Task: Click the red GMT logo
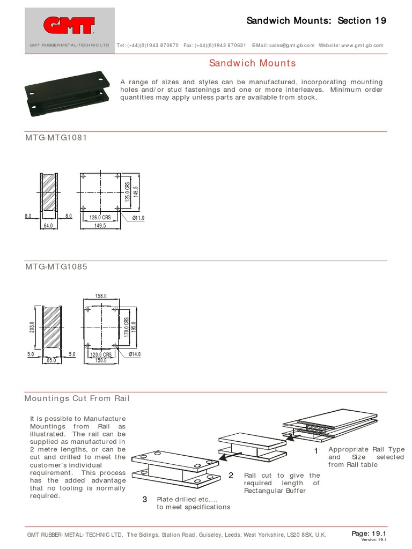(x=69, y=25)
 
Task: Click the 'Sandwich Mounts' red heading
(x=252, y=63)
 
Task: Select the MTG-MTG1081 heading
(x=56, y=138)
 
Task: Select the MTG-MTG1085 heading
(x=56, y=266)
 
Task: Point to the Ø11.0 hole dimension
(x=138, y=218)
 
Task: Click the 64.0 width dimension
(x=49, y=226)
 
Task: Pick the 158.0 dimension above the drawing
(x=101, y=296)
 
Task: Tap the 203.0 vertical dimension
(x=32, y=327)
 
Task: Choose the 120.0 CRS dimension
(x=100, y=355)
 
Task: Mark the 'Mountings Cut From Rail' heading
(x=77, y=398)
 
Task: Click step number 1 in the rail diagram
(x=316, y=451)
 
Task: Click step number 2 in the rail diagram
(x=231, y=476)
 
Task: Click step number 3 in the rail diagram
(x=144, y=500)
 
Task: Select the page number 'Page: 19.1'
(x=369, y=533)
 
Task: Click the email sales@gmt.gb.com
(x=292, y=46)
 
